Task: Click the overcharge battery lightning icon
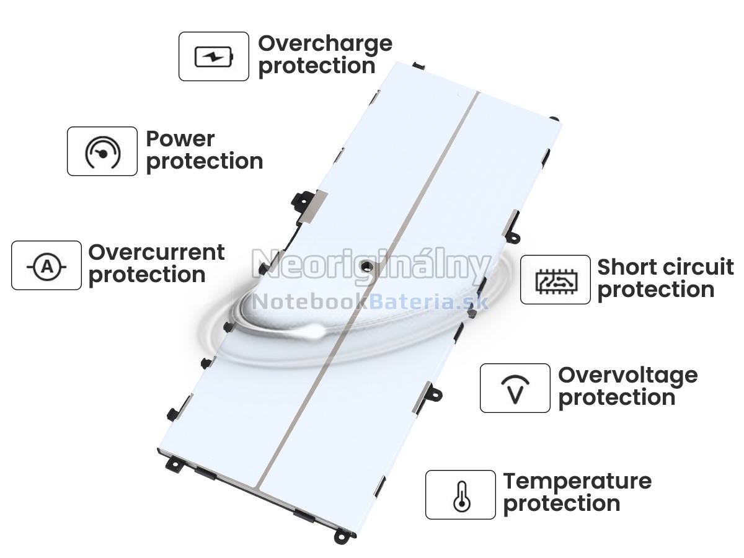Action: pos(214,57)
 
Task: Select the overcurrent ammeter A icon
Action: pos(46,267)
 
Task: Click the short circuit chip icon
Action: pos(556,281)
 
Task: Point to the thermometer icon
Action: pos(462,497)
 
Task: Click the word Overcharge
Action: pos(325,44)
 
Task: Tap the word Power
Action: pos(180,139)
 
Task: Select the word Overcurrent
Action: pos(157,252)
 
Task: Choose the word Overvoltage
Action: pos(627,376)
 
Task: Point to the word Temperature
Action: pos(577,482)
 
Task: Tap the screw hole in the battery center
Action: pos(365,267)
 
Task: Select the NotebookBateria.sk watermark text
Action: pos(371,302)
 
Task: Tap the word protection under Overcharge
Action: pos(317,67)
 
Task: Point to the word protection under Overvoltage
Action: pos(617,399)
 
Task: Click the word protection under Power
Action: pos(205,162)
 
